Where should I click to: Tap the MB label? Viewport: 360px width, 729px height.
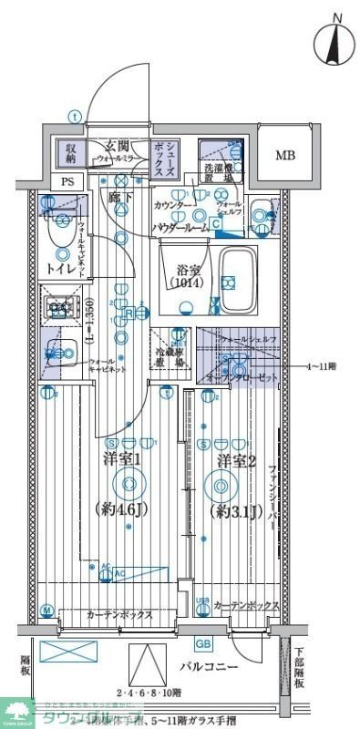coord(285,154)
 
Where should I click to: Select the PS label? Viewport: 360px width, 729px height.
coord(67,180)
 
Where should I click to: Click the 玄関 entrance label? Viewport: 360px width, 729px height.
coord(116,146)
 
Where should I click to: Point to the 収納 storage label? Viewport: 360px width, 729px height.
coord(69,151)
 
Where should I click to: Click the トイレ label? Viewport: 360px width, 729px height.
coord(61,268)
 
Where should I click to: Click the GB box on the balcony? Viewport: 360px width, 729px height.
coord(203,645)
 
